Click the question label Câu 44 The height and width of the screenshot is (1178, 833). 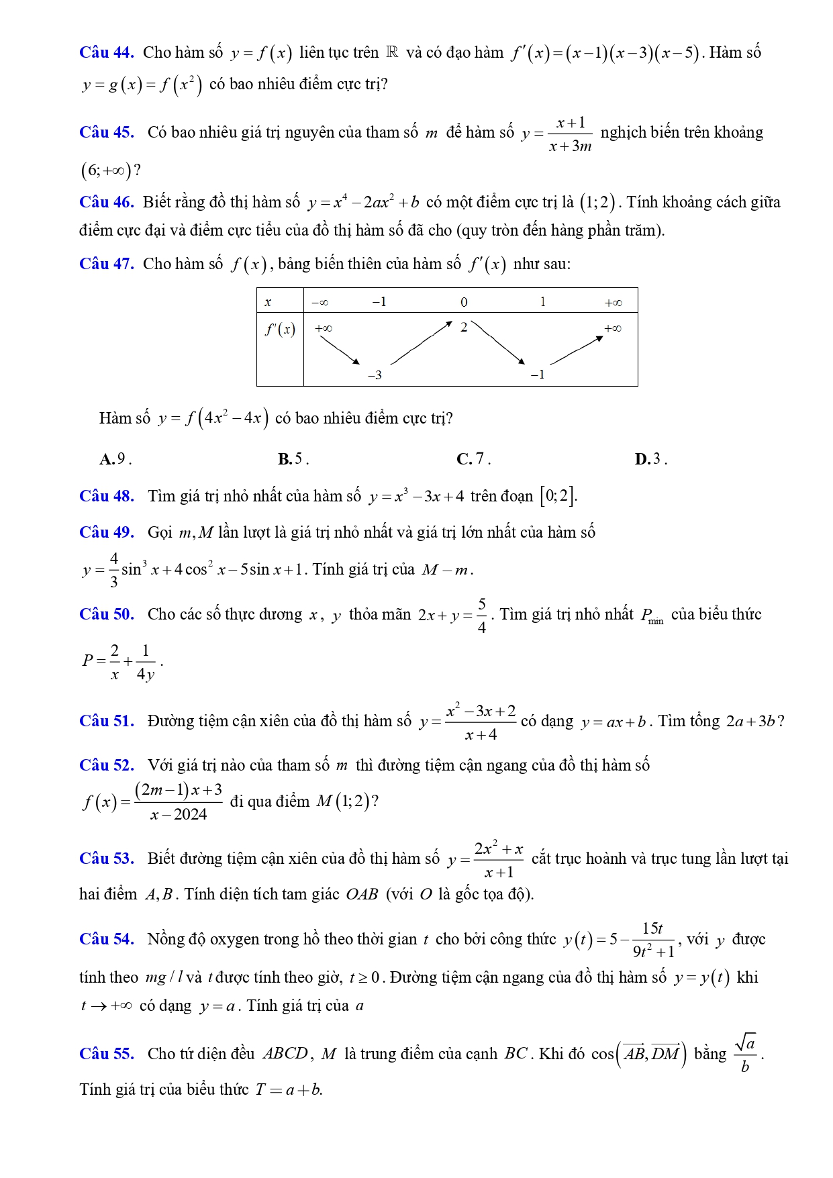[x=106, y=52]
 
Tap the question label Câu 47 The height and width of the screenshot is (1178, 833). [x=106, y=264]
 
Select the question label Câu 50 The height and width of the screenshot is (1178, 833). [x=106, y=614]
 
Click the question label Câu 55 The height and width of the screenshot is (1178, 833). [x=106, y=1054]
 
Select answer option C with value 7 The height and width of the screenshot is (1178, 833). [x=473, y=459]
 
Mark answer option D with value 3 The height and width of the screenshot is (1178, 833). [x=651, y=459]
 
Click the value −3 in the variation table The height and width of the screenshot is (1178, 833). [x=375, y=375]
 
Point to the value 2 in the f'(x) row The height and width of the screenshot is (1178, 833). [x=463, y=328]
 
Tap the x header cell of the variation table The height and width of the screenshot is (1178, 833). [x=268, y=302]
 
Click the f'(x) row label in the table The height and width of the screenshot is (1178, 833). [x=280, y=329]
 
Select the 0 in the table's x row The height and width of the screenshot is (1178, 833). [x=464, y=302]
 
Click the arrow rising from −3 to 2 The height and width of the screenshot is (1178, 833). [x=422, y=343]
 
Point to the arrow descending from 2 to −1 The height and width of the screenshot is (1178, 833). [x=498, y=343]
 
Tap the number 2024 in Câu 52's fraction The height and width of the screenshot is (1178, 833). [x=190, y=815]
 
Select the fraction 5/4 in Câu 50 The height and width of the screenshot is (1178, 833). [x=482, y=615]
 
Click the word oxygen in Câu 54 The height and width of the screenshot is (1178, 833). [x=234, y=939]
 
